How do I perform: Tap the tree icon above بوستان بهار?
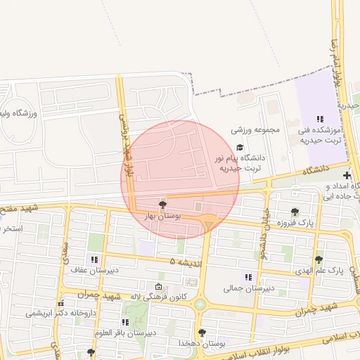pos(163,205)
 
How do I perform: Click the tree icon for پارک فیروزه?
pos(295,212)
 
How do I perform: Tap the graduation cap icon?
pos(240,148)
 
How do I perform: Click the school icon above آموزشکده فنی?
pos(320,120)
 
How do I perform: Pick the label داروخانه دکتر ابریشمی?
pos(60,314)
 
